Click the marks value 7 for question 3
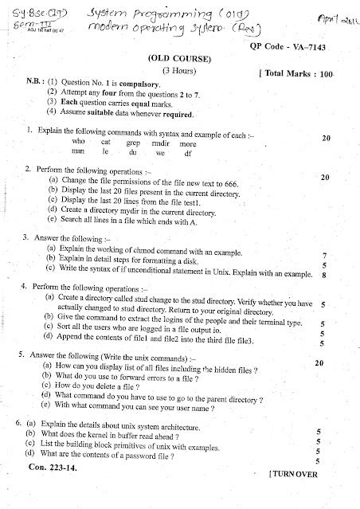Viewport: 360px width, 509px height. point(325,256)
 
